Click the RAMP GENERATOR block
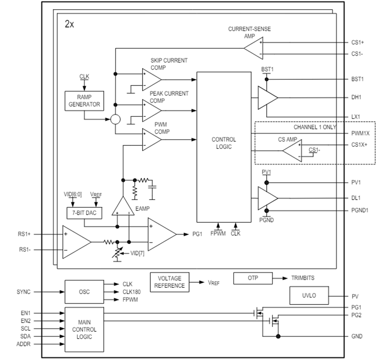tap(84, 100)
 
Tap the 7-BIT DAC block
tap(84, 213)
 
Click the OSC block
tap(84, 292)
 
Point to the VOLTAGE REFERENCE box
tap(169, 281)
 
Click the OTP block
tap(253, 278)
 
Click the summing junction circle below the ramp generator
tap(114, 119)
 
